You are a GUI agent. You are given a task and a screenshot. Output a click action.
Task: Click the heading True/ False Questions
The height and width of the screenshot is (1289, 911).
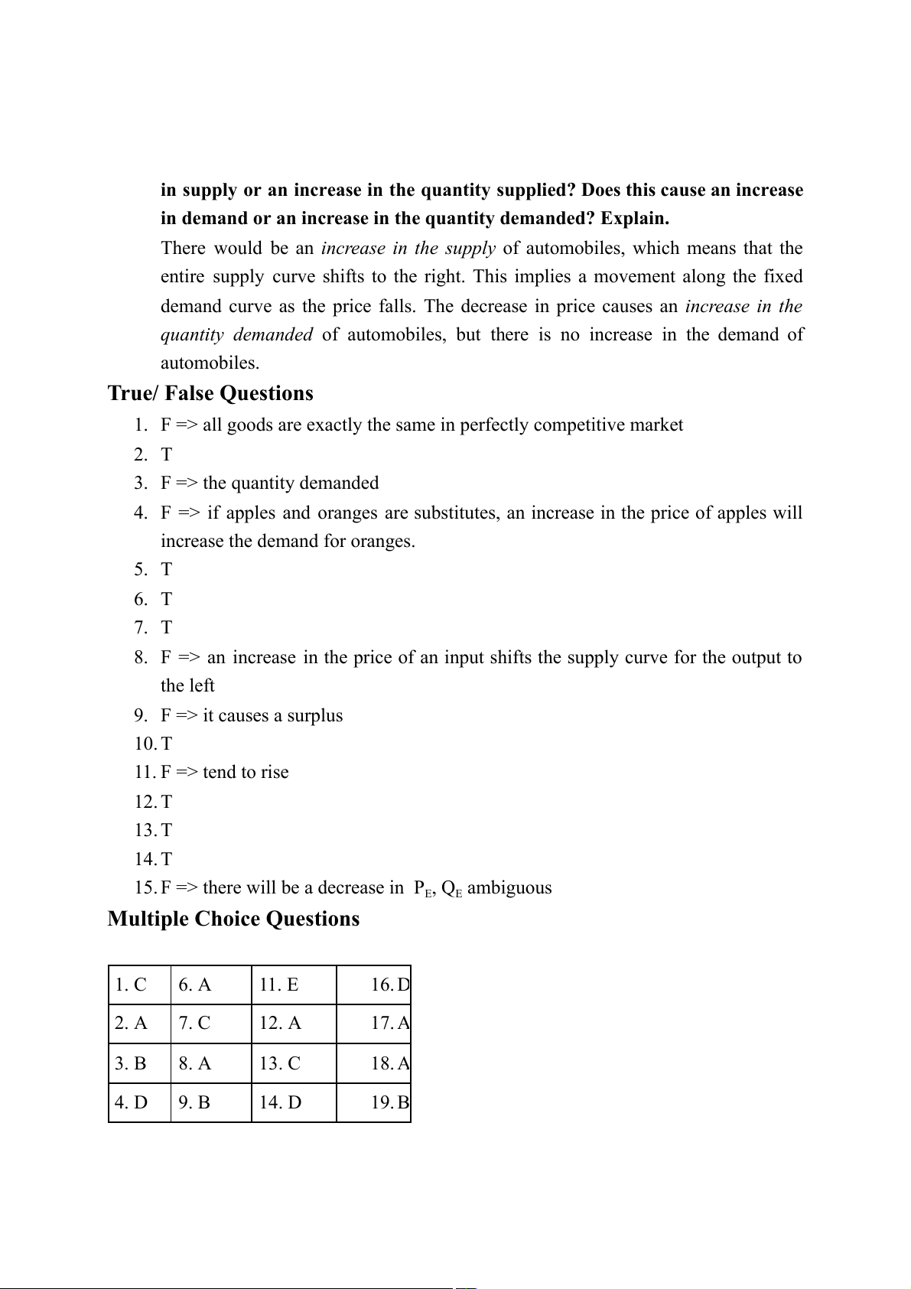pyautogui.click(x=210, y=393)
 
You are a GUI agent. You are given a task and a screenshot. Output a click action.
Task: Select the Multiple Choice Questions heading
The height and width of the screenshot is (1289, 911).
pyautogui.click(x=233, y=919)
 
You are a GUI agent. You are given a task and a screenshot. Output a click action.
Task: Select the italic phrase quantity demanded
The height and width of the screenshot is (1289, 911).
pyautogui.click(x=236, y=334)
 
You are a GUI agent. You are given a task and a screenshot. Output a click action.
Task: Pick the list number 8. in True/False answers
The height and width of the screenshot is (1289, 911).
pyautogui.click(x=141, y=657)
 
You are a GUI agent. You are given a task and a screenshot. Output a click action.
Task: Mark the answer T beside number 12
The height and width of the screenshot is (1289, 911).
pyautogui.click(x=167, y=802)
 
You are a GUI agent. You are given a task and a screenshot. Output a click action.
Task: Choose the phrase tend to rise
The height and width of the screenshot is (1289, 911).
pyautogui.click(x=246, y=772)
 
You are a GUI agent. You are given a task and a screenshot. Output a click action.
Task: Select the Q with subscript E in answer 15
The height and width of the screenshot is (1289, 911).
pyautogui.click(x=451, y=888)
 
